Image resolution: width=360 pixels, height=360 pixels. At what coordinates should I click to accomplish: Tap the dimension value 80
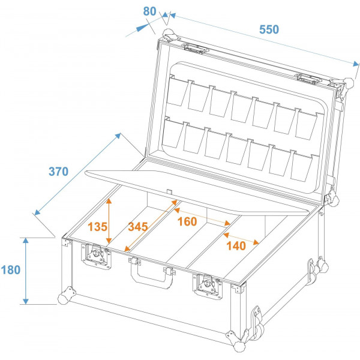(149, 11)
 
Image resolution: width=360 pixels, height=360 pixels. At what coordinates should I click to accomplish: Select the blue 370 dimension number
(58, 171)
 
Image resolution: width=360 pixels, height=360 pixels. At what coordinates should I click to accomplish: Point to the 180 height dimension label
(11, 269)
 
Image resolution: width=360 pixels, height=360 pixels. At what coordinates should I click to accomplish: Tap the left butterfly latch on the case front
(95, 256)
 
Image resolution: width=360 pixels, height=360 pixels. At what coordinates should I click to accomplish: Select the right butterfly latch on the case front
(206, 287)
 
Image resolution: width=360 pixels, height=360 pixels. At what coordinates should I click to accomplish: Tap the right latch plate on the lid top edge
(308, 77)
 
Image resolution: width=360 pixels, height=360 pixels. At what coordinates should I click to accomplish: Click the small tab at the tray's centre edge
(170, 191)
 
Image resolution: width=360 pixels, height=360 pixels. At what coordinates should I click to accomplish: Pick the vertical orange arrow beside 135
(109, 222)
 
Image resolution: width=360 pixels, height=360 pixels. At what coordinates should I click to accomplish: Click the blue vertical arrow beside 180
(25, 270)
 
